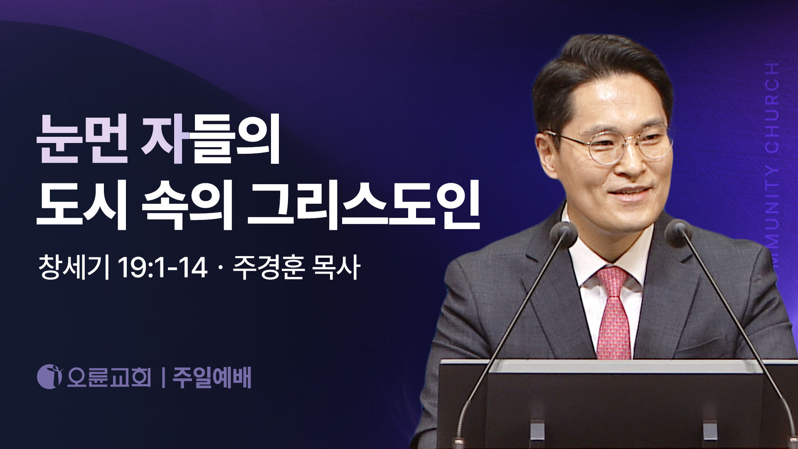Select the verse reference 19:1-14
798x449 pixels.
[x=163, y=268]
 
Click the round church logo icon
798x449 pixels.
[x=49, y=377]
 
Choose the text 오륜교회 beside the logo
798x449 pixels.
[x=109, y=377]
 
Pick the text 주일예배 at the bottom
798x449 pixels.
[x=212, y=377]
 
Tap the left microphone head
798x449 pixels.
[x=564, y=234]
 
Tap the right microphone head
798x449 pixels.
[x=678, y=233]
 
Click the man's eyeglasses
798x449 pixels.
[x=609, y=146]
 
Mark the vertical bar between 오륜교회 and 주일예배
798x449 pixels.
[x=163, y=377]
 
